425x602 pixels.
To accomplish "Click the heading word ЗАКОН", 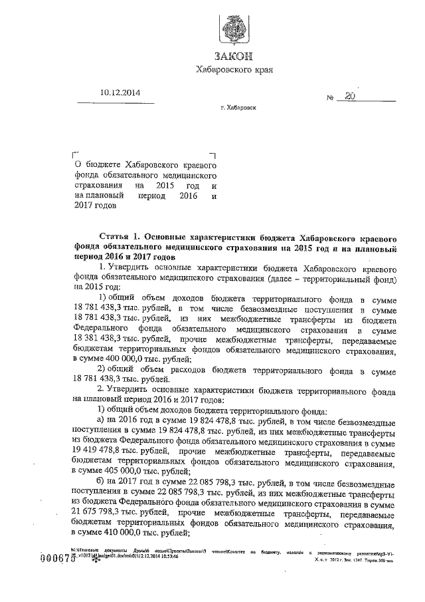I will click(x=234, y=57).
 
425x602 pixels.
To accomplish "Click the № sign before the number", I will click(x=329, y=98).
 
